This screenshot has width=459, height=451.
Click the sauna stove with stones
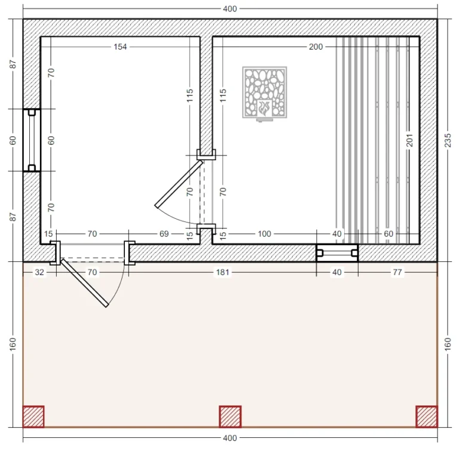click(x=265, y=93)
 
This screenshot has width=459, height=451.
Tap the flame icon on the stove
click(x=264, y=108)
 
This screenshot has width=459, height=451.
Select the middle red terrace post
click(x=230, y=416)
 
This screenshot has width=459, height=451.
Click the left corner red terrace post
click(x=33, y=416)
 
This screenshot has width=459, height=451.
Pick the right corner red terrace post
click(x=427, y=416)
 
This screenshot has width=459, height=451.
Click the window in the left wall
click(x=32, y=140)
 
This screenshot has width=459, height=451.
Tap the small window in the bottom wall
click(x=337, y=253)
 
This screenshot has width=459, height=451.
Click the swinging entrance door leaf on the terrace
click(x=85, y=283)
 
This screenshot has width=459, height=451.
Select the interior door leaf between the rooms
click(x=179, y=184)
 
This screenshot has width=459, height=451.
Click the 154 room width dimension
click(x=120, y=47)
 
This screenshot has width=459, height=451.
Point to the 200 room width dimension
click(x=316, y=47)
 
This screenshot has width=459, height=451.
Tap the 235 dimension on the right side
click(x=448, y=141)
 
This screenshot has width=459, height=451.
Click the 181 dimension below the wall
click(x=222, y=272)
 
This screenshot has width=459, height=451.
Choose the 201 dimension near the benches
click(x=409, y=141)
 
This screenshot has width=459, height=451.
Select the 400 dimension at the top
click(x=229, y=9)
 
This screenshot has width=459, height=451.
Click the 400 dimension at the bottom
click(x=229, y=438)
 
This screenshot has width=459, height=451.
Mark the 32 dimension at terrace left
click(x=39, y=272)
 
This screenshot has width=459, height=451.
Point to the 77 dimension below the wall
click(x=397, y=272)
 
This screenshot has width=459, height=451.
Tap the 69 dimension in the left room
click(x=164, y=234)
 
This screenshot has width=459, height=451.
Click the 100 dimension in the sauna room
click(x=264, y=234)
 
